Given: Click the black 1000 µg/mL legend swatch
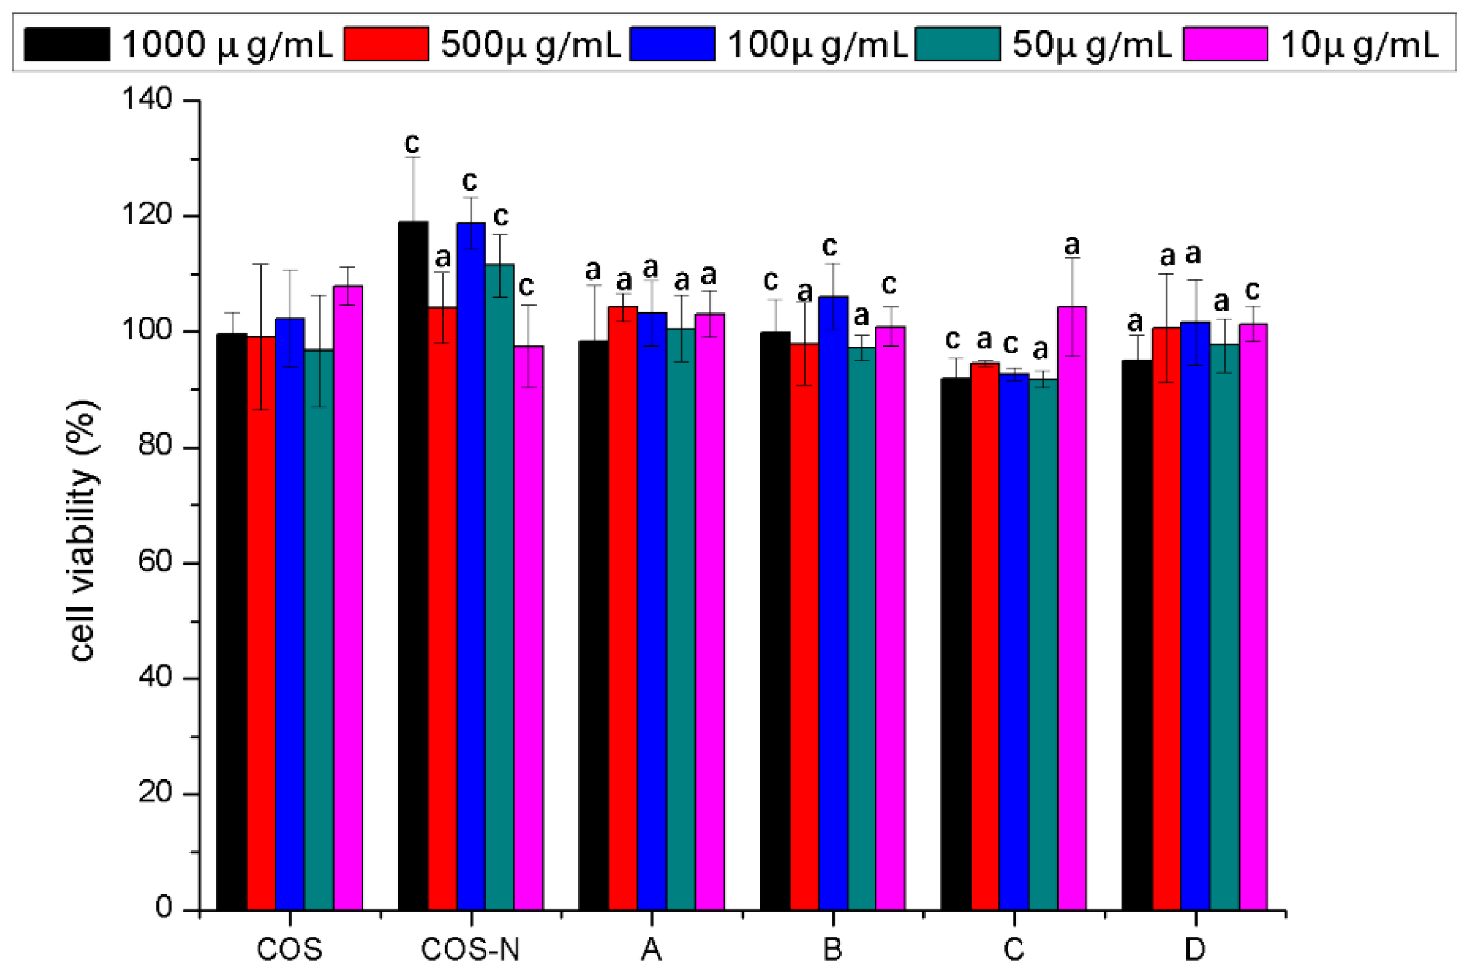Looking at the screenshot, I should tap(66, 44).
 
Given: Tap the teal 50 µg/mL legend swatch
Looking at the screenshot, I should tap(957, 44).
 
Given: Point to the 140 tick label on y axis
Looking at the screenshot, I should tap(147, 99).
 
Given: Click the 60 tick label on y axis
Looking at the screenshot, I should tap(155, 562).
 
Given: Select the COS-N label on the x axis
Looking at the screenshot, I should tap(470, 949).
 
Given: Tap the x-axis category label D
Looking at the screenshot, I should tap(1195, 949).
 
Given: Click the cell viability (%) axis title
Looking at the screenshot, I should tap(82, 531).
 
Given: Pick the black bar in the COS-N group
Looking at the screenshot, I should tap(412, 565).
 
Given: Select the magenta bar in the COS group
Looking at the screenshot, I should tap(348, 596).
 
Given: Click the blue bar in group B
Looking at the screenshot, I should tap(832, 602).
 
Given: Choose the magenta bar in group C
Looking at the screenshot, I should tap(1072, 609).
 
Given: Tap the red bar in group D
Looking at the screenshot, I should tap(1166, 618).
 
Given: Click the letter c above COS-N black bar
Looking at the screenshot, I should tap(411, 143).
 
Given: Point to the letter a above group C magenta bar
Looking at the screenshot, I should tap(1072, 245).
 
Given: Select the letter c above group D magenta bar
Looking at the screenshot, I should tap(1252, 290).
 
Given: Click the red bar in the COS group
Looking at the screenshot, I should tap(261, 621).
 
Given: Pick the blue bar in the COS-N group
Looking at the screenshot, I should tap(471, 565).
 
